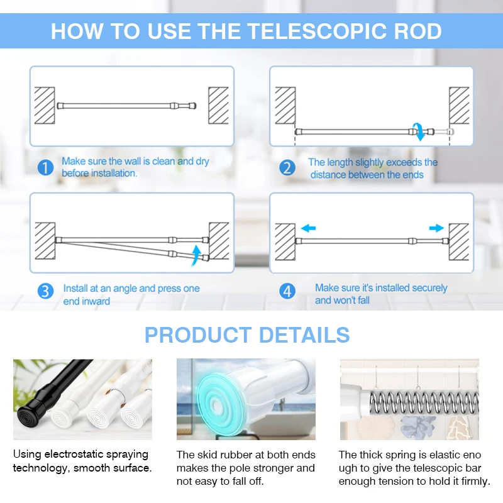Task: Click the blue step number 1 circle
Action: [45, 168]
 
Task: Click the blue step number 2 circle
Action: [287, 168]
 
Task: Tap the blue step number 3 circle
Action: [45, 292]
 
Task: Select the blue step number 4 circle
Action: [287, 292]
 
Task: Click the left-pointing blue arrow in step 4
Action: [308, 228]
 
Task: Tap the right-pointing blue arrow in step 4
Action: [436, 228]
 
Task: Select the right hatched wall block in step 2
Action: [459, 106]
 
